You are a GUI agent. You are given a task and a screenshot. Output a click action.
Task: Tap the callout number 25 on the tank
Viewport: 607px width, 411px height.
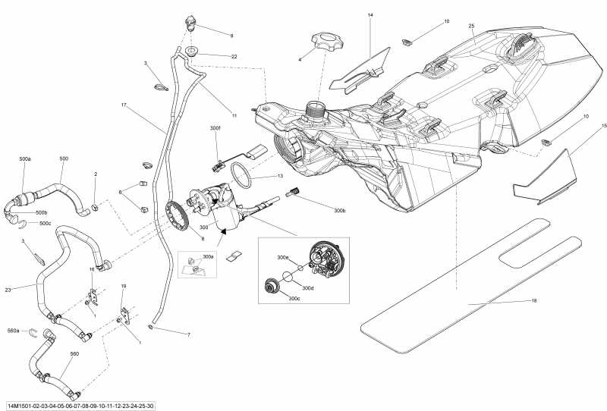pos(471,27)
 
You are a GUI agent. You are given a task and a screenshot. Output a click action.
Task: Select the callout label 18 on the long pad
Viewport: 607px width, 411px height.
pos(533,301)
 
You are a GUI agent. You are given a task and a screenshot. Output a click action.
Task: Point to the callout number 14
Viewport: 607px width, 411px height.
pos(370,15)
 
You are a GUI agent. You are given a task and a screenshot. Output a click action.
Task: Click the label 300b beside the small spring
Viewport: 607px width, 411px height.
pos(339,209)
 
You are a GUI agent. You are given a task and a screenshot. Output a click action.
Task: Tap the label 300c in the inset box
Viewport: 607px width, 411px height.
pos(294,298)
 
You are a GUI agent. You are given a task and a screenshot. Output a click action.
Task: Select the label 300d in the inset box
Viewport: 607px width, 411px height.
pos(307,288)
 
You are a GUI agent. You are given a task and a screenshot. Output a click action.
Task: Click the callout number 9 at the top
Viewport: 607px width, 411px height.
pos(231,36)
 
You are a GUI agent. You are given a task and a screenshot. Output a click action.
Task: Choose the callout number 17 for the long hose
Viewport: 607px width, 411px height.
pos(124,104)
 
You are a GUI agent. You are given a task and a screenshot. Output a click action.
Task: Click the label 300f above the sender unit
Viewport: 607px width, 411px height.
pos(215,129)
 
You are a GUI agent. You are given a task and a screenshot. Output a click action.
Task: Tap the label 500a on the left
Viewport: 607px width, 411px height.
pos(25,159)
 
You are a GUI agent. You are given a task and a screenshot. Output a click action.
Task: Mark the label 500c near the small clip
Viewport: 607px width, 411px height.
pos(46,224)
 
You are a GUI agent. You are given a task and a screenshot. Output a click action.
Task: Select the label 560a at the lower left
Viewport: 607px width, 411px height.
pos(13,331)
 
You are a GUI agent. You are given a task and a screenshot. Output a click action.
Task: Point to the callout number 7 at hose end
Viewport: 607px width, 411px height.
pos(188,334)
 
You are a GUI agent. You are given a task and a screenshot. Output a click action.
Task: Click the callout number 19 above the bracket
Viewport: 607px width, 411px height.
pos(124,286)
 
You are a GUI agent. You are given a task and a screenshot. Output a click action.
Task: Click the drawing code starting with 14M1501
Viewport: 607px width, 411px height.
pos(80,405)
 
